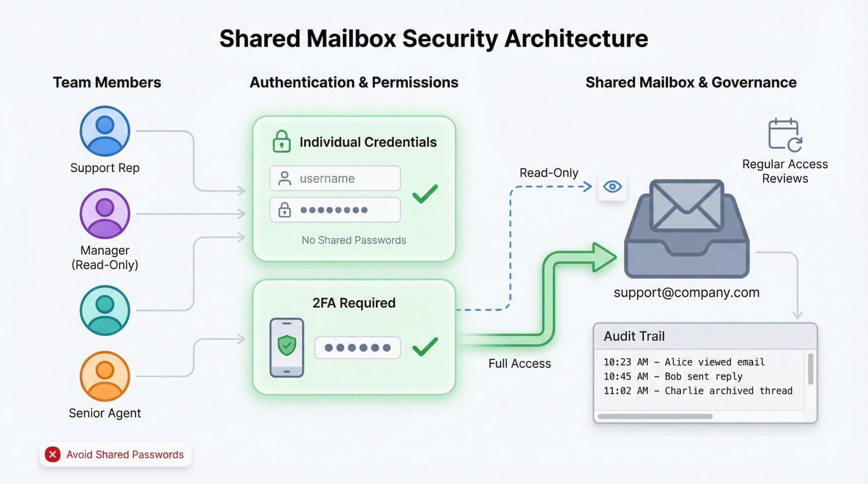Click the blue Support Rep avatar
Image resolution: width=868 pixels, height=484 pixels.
pyautogui.click(x=105, y=131)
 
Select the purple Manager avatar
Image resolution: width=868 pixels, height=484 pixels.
pyautogui.click(x=105, y=213)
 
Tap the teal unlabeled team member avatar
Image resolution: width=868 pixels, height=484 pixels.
pyautogui.click(x=105, y=310)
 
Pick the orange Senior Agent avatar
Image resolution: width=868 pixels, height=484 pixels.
pyautogui.click(x=105, y=376)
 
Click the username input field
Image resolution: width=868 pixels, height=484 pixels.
pyautogui.click(x=335, y=179)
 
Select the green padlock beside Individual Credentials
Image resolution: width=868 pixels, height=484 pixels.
pyautogui.click(x=282, y=141)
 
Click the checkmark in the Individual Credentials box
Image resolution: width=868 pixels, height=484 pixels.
pyautogui.click(x=425, y=194)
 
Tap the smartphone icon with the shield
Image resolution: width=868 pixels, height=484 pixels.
pyautogui.click(x=287, y=348)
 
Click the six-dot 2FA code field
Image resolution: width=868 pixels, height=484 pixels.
pyautogui.click(x=358, y=348)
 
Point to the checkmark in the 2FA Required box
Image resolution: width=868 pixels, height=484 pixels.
pyautogui.click(x=425, y=347)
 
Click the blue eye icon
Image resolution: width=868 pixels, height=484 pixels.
pyautogui.click(x=613, y=186)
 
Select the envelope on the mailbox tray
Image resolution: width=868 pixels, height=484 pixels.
pyautogui.click(x=686, y=206)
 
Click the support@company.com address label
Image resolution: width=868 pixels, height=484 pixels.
pyautogui.click(x=686, y=292)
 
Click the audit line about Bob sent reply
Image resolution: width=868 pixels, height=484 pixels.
pyautogui.click(x=673, y=376)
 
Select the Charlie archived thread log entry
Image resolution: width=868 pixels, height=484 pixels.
pyautogui.click(x=698, y=391)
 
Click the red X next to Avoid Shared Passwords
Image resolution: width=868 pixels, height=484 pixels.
pyautogui.click(x=53, y=454)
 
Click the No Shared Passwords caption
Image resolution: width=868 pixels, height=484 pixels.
pyautogui.click(x=354, y=240)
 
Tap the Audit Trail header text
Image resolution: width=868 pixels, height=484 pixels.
pyautogui.click(x=634, y=336)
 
